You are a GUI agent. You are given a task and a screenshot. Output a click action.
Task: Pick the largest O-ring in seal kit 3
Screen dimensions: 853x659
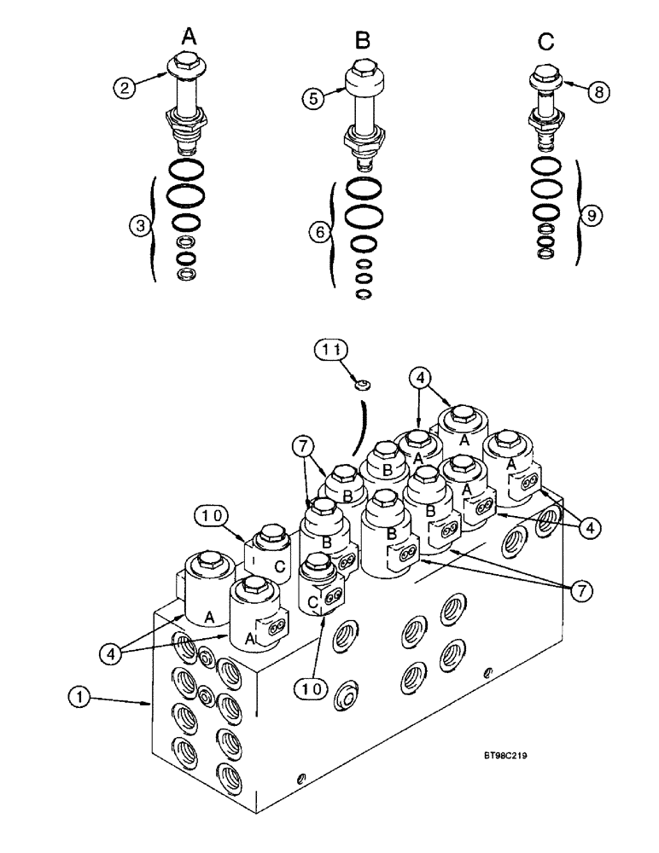[x=185, y=195]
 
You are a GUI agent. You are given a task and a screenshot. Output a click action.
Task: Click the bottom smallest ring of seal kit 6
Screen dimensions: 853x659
[x=363, y=294]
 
